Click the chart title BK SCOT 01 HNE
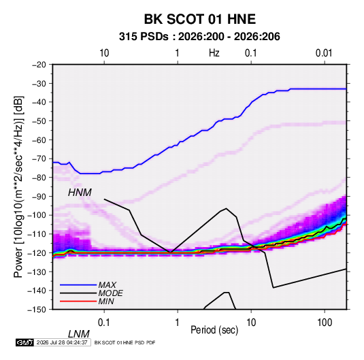pyautogui.click(x=200, y=19)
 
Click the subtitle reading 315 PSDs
pyautogui.click(x=144, y=37)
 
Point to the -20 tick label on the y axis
pyautogui.click(x=39, y=65)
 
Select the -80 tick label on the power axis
pyautogui.click(x=39, y=178)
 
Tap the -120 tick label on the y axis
pyautogui.click(x=37, y=253)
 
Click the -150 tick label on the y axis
pyautogui.click(x=37, y=310)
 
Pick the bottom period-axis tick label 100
pyautogui.click(x=325, y=323)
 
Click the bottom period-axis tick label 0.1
pyautogui.click(x=103, y=323)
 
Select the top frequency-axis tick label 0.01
pyautogui.click(x=324, y=53)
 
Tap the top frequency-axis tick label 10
pyautogui.click(x=104, y=53)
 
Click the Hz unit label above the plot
pyautogui.click(x=214, y=53)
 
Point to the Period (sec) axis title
pyautogui.click(x=214, y=330)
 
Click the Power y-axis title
pyautogui.click(x=18, y=187)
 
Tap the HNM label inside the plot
pyautogui.click(x=80, y=193)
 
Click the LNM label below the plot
pyautogui.click(x=79, y=334)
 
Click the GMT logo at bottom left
pyautogui.click(x=25, y=342)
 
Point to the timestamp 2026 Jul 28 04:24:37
pyautogui.click(x=62, y=342)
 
